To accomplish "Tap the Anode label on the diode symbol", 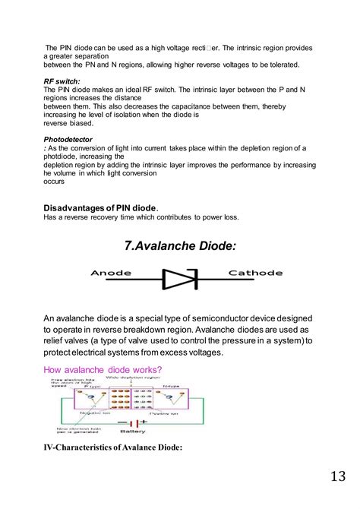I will click(111, 273).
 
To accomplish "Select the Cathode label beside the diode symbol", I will click(255, 273).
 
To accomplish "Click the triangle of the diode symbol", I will click(179, 280).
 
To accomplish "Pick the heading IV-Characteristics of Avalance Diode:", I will click(112, 447).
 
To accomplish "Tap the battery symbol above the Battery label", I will click(132, 422).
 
